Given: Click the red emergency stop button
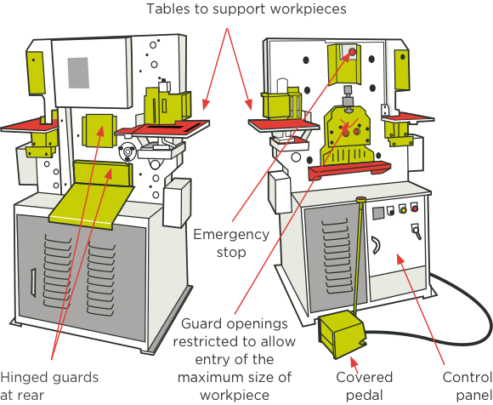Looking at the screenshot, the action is coord(352,51).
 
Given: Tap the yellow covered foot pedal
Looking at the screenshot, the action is coord(342,334).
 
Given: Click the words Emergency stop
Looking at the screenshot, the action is coord(231,243).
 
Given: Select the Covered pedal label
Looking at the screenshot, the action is coord(364,385).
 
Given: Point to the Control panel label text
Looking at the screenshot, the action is coord(467,385).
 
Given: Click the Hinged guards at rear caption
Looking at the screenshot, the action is coord(49,385).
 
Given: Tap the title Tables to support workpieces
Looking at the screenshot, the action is coord(246,9).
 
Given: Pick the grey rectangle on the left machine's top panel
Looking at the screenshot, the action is coord(78,72).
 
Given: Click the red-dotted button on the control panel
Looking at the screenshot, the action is coord(415,208).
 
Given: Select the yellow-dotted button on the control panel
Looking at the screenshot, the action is coord(403,209).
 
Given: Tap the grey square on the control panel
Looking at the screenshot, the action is coord(378,213).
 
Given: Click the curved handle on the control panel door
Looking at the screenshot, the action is coord(376,245).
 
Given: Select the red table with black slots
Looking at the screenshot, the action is coord(162,129).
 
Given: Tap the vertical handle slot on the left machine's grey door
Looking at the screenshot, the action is coord(33,282).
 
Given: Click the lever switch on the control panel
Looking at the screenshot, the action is coord(416,231).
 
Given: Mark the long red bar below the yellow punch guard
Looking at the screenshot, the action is coord(349,170).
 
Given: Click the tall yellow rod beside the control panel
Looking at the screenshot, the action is coord(358,255).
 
